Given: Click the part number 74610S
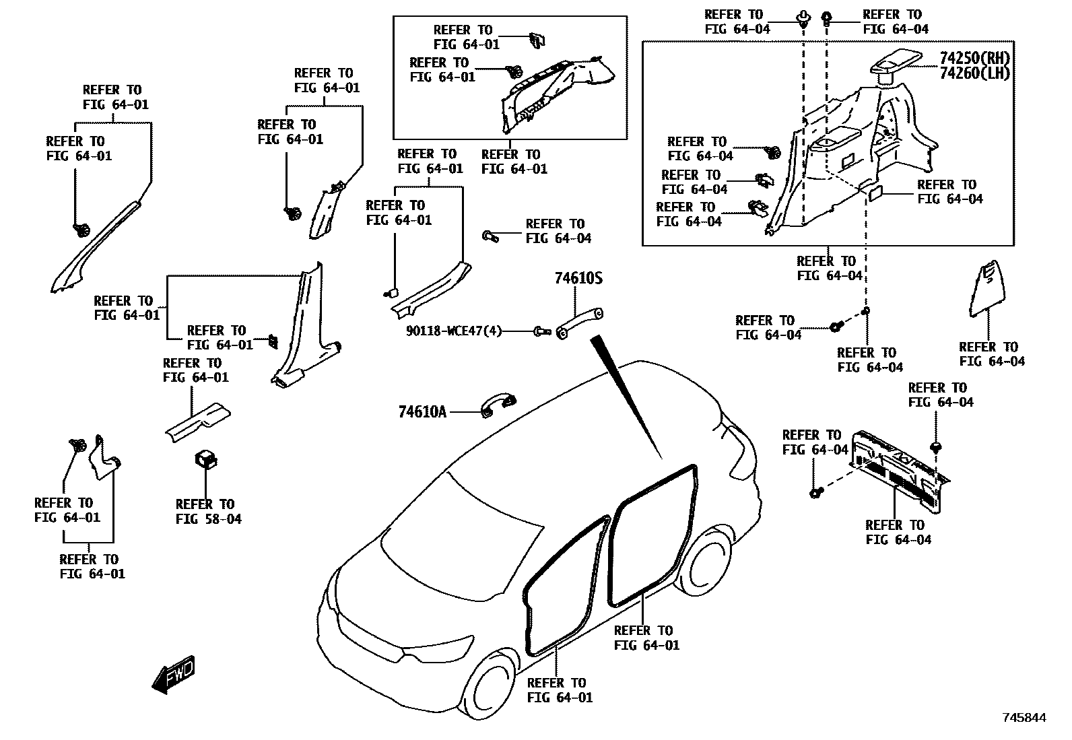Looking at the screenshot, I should (x=578, y=278).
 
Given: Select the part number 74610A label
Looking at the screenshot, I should (x=422, y=411).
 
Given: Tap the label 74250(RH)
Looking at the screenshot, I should (x=975, y=58).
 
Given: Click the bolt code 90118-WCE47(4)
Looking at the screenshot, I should (x=454, y=331).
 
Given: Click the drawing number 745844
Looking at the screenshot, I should (x=1024, y=718).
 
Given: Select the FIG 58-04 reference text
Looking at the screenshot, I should (x=208, y=519).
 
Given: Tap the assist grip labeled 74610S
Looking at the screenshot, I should (x=579, y=322).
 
